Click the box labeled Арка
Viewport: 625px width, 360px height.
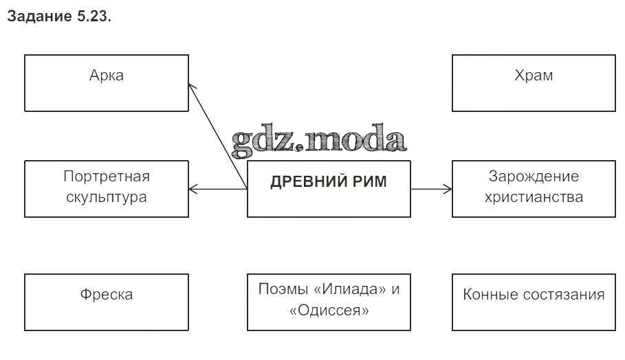click(x=107, y=83)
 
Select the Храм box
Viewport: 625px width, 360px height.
click(x=534, y=83)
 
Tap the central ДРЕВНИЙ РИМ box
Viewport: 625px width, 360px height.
click(x=329, y=189)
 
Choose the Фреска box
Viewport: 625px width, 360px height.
click(x=107, y=302)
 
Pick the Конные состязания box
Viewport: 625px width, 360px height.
click(x=534, y=302)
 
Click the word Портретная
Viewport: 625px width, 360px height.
click(x=107, y=177)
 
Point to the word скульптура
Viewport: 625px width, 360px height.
click(x=107, y=198)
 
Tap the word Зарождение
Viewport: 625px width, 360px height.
click(x=534, y=177)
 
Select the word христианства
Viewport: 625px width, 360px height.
click(x=534, y=198)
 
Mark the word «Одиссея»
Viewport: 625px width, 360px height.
click(x=329, y=311)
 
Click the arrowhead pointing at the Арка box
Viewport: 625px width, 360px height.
click(x=191, y=86)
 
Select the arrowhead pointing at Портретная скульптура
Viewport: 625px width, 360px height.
click(x=193, y=189)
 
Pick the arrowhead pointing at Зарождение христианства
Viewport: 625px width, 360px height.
click(x=448, y=189)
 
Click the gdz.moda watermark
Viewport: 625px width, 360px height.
click(x=318, y=141)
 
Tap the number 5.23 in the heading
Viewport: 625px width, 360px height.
click(x=90, y=17)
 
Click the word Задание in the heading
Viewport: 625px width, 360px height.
click(x=36, y=17)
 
